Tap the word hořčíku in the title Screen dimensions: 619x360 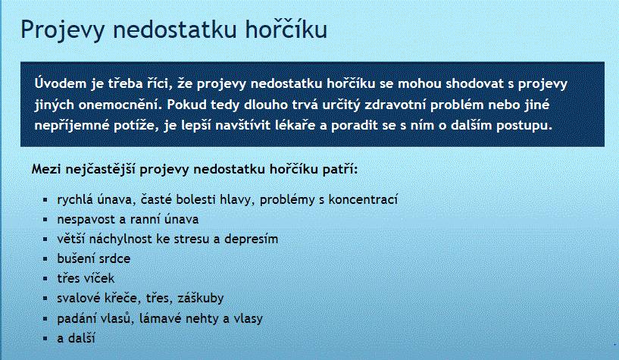click(286, 29)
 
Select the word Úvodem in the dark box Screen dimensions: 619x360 click(61, 83)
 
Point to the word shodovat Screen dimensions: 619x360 click(475, 83)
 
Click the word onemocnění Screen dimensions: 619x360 click(120, 105)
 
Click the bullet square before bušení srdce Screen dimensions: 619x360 click(45, 259)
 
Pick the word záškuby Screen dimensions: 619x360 click(201, 298)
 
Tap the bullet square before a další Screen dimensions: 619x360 click(45, 338)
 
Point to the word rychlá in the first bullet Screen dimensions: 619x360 click(76, 200)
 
